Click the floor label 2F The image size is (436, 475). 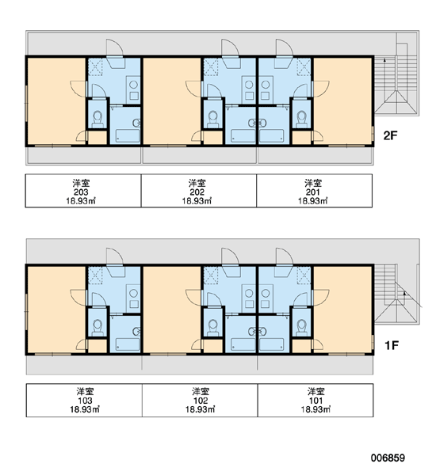(390, 135)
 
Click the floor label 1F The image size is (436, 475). (392, 345)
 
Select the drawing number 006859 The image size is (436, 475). (388, 458)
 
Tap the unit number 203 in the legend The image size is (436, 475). (81, 192)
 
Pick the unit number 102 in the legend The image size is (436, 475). (201, 401)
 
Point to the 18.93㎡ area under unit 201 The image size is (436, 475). (313, 201)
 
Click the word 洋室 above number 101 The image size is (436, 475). (316, 391)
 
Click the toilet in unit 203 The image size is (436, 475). (98, 119)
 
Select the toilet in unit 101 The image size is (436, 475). (301, 328)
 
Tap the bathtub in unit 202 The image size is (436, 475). (243, 135)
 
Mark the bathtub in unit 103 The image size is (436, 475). (128, 344)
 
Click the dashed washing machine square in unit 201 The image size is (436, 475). (304, 67)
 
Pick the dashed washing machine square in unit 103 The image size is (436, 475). (95, 275)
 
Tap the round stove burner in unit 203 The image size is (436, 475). (133, 85)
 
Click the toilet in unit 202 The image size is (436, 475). (213, 119)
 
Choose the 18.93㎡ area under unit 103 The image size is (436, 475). (85, 409)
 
